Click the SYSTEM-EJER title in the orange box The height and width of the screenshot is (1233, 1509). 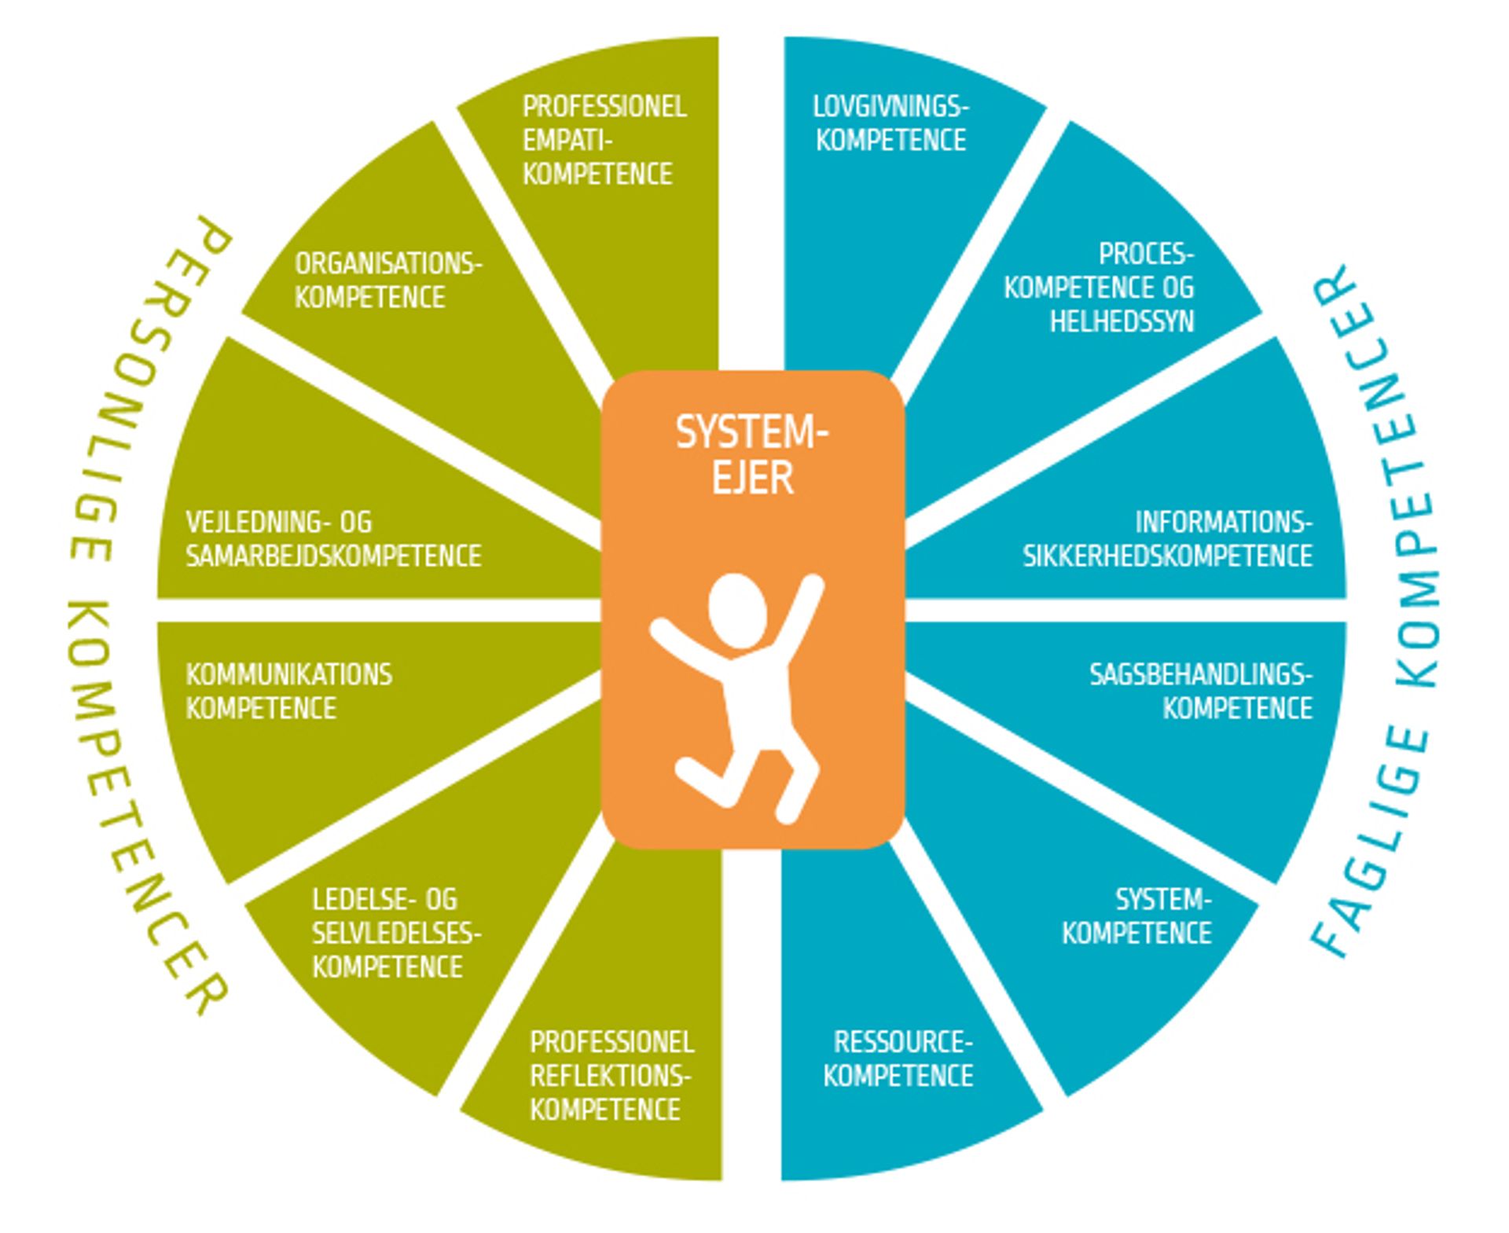752,453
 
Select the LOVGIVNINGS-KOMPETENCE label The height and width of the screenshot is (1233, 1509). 890,123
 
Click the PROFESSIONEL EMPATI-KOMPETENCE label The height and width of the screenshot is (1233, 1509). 604,140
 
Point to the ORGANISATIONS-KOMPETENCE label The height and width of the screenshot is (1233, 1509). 387,281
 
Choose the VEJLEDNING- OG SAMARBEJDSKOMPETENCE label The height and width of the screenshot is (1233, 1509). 332,539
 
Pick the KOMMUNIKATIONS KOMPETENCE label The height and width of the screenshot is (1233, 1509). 288,691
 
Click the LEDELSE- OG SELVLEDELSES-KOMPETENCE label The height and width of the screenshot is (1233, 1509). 395,933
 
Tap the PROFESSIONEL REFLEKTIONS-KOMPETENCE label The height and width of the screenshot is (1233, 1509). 611,1075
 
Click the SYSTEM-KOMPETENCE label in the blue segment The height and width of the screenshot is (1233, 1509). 1137,916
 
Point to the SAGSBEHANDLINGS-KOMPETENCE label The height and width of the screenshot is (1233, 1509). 1200,691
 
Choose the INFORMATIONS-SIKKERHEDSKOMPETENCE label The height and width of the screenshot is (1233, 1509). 1168,539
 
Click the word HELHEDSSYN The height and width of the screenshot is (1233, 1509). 1122,321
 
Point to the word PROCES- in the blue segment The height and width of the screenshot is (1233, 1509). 1146,254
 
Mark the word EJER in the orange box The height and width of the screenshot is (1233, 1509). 752,477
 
